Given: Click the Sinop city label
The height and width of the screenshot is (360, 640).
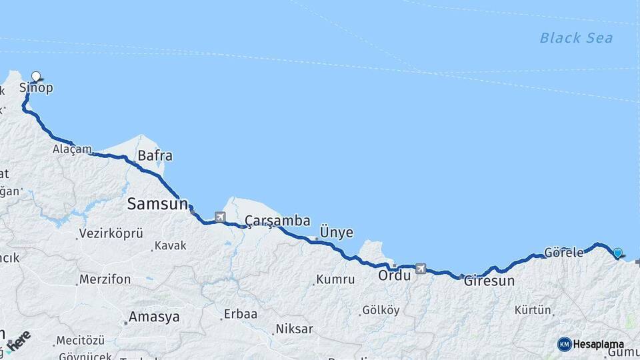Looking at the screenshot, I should click(x=36, y=88).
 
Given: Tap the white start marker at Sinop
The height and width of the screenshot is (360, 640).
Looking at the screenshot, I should click(x=36, y=77).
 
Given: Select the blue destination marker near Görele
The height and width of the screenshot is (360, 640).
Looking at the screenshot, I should click(x=618, y=253).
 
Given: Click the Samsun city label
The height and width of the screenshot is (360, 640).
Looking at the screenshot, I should click(x=157, y=204).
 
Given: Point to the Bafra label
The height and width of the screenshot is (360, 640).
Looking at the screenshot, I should click(x=155, y=156).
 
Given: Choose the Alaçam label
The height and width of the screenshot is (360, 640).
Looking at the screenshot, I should click(x=72, y=149).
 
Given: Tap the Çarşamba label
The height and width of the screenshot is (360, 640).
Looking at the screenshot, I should click(x=277, y=221).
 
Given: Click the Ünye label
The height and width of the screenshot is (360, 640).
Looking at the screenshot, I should click(x=337, y=232).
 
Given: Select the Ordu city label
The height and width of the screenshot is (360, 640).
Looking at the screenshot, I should click(x=395, y=275).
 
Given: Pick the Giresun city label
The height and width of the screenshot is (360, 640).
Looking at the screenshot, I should click(x=489, y=281).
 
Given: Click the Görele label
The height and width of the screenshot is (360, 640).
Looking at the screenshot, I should click(x=563, y=253).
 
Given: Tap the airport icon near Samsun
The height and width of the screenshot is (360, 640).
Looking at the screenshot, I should click(x=220, y=217).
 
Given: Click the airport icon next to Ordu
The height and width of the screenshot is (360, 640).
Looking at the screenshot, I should click(x=420, y=269).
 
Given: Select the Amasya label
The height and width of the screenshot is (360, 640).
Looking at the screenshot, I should click(x=154, y=317).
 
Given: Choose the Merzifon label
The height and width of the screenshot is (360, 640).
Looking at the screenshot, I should click(x=105, y=279).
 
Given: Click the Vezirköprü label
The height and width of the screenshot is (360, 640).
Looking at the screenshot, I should click(x=111, y=233).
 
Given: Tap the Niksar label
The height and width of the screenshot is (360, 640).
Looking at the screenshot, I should click(x=294, y=329).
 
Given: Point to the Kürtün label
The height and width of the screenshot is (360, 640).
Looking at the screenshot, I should click(x=533, y=310).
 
